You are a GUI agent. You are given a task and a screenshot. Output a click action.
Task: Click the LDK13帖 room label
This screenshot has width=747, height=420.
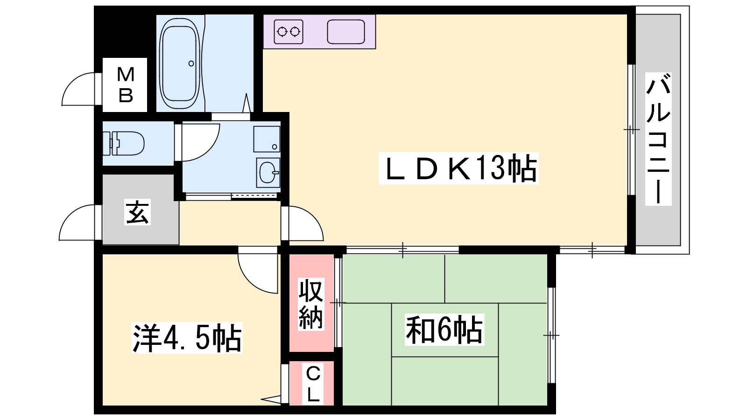click(x=458, y=168)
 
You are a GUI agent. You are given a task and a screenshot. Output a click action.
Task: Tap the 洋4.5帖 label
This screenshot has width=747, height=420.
click(x=187, y=337)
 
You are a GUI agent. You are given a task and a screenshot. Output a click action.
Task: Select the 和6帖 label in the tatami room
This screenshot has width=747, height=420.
click(x=444, y=329)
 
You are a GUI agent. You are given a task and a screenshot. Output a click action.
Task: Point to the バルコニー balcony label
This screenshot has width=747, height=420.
click(x=658, y=139)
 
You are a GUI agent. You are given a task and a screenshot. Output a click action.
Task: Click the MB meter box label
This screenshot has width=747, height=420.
click(x=126, y=84)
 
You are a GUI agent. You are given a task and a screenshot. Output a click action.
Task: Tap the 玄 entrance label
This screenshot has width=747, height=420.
click(x=137, y=212)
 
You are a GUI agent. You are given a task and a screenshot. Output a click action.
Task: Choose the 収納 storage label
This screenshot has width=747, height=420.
click(x=311, y=304)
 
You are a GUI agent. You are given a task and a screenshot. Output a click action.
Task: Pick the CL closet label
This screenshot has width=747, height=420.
click(x=313, y=384)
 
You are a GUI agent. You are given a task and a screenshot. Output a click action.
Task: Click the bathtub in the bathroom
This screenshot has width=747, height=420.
click(x=180, y=63)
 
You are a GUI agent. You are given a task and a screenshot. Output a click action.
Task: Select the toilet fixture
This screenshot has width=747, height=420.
click(x=123, y=143)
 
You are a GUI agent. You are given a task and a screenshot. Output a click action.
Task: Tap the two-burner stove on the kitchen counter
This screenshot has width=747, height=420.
click(x=289, y=32)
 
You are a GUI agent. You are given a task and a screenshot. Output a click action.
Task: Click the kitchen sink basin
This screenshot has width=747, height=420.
click(x=346, y=32)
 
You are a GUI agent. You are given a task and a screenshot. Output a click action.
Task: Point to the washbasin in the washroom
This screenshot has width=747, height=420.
click(x=268, y=173)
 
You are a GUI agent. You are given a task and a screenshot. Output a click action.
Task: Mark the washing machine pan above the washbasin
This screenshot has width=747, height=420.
click(x=267, y=139)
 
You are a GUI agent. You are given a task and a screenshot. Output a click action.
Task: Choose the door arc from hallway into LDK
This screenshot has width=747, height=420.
click(x=313, y=217)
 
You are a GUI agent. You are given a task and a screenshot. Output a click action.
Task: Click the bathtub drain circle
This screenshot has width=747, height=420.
click(x=191, y=63)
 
